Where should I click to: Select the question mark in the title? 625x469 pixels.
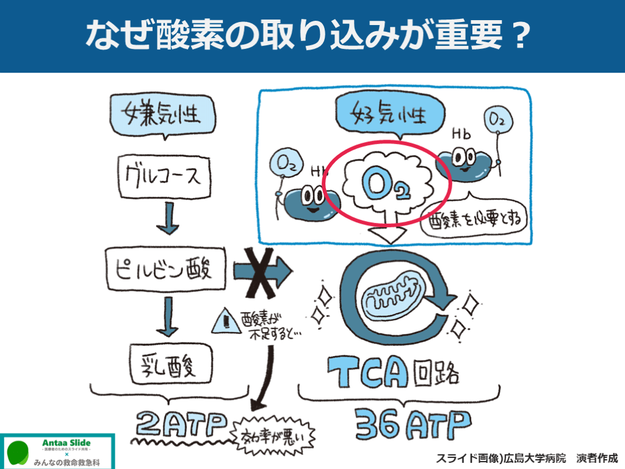520,36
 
